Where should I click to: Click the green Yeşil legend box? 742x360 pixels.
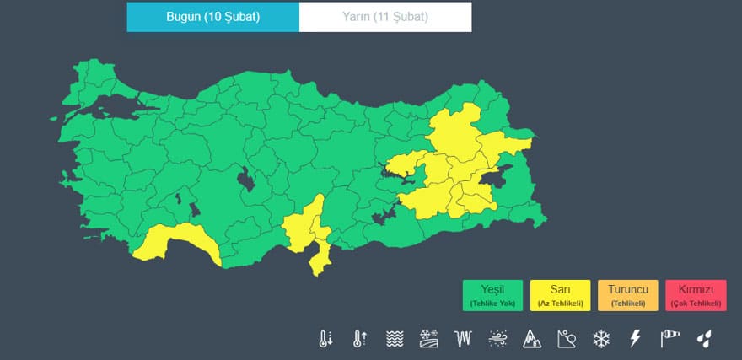(x=492, y=295)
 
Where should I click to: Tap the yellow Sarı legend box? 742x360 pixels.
(x=561, y=295)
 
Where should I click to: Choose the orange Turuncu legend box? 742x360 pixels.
(x=627, y=295)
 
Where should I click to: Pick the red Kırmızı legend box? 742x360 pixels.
(x=696, y=295)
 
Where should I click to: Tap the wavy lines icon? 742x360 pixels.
(x=394, y=339)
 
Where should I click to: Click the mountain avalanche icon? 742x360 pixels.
(x=532, y=339)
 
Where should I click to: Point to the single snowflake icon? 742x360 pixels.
(x=600, y=339)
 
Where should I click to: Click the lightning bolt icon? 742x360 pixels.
(x=636, y=339)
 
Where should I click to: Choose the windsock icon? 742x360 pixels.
(x=669, y=339)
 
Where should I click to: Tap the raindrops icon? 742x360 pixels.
(x=704, y=339)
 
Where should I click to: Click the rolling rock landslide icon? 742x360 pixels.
(x=567, y=339)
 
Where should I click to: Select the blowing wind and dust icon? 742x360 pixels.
(x=497, y=339)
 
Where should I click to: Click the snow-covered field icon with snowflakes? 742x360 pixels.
(x=428, y=339)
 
